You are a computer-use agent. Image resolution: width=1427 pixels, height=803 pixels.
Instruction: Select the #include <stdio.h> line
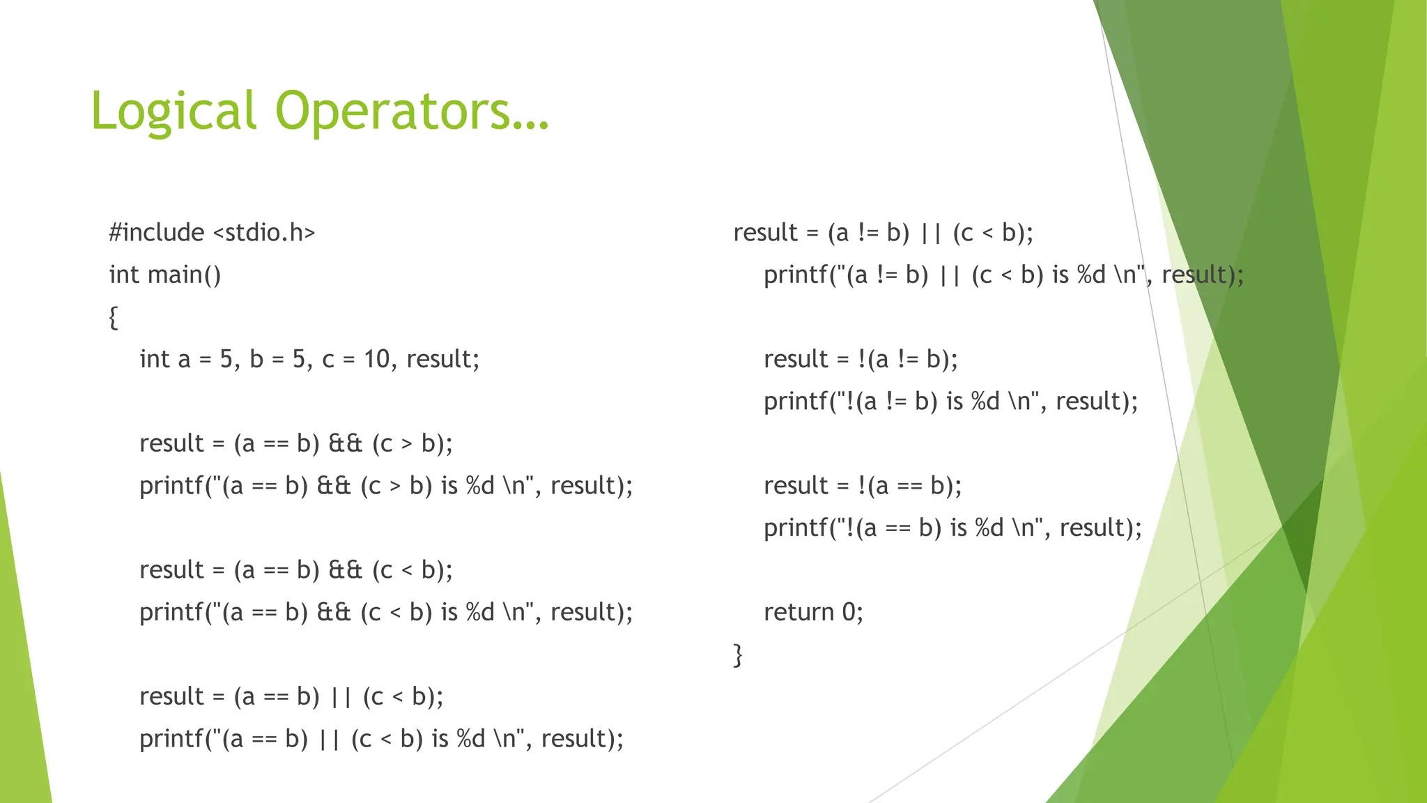212,232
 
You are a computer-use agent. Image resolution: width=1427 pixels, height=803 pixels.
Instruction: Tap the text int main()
165,275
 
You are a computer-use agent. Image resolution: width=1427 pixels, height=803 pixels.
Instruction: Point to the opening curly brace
114,317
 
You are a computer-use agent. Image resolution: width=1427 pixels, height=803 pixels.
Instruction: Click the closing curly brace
738,655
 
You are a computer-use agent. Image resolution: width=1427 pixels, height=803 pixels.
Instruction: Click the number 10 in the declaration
376,359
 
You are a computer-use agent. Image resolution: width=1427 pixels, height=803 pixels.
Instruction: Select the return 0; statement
813,612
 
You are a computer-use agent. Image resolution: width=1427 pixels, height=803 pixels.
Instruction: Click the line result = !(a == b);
862,486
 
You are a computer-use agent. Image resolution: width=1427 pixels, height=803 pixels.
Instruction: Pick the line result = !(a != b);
861,359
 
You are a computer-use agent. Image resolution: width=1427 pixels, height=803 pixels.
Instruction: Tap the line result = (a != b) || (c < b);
883,232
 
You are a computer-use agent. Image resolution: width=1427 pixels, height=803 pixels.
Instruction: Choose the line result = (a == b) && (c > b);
295,443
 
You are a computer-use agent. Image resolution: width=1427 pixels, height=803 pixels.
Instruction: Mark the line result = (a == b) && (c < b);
295,570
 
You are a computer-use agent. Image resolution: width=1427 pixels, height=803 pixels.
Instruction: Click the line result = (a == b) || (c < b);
291,696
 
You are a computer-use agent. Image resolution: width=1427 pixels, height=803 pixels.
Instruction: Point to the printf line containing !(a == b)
952,528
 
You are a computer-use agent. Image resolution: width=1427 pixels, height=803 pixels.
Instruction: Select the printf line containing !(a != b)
950,401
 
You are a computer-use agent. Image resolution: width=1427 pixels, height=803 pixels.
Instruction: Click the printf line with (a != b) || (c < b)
1003,275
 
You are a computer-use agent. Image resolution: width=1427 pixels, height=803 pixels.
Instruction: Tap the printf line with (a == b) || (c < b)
381,739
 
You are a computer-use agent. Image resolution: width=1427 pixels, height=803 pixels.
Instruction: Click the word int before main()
124,275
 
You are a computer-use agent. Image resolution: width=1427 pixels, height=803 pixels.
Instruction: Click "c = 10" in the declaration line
355,359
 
